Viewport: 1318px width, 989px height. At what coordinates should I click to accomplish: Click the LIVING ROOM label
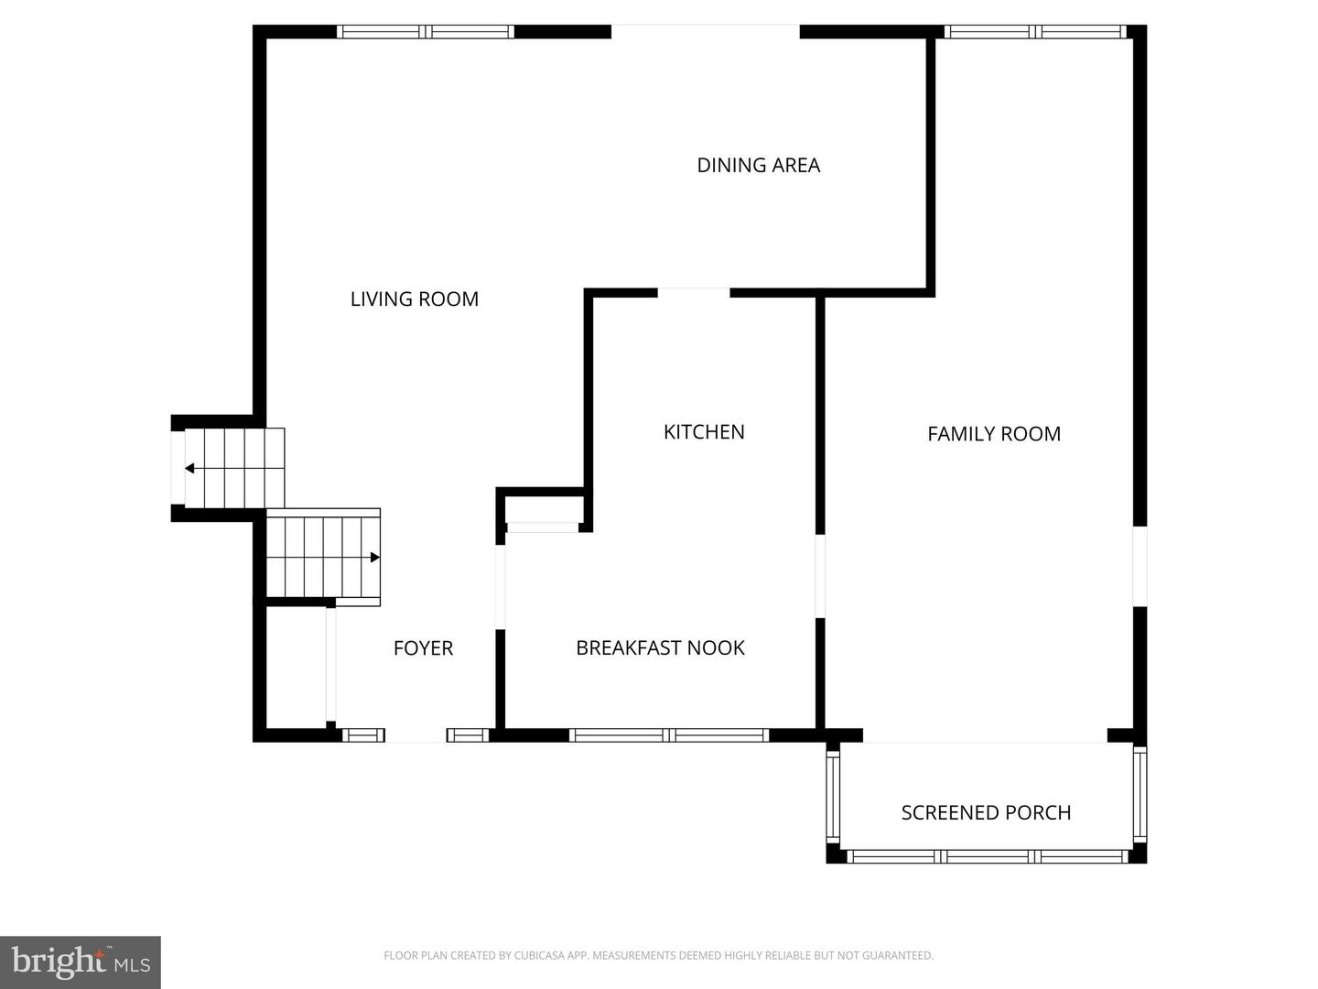[x=414, y=299]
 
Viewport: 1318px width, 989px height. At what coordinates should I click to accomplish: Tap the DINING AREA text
[x=758, y=166]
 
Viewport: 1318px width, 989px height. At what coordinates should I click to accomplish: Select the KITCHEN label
[x=703, y=432]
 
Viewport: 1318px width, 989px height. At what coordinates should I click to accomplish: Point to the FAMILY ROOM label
[x=993, y=434]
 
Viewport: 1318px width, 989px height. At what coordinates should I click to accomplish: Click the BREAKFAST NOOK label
[x=660, y=648]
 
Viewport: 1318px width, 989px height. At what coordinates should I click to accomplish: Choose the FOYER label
[x=423, y=648]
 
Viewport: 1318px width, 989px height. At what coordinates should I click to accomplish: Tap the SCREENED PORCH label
[x=986, y=813]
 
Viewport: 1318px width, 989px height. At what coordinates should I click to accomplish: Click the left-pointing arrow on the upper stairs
[x=190, y=469]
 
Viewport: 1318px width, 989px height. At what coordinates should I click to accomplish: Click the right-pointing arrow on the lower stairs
[x=374, y=557]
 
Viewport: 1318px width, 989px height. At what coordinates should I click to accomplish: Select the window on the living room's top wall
[x=426, y=32]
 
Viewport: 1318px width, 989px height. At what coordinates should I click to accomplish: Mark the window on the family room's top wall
[x=1035, y=32]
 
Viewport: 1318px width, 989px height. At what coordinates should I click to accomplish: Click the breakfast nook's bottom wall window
[x=668, y=734]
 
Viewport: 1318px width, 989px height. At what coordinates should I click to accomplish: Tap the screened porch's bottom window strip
[x=987, y=856]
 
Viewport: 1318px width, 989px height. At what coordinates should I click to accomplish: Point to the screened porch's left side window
[x=833, y=795]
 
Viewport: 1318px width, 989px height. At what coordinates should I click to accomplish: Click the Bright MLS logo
[x=81, y=962]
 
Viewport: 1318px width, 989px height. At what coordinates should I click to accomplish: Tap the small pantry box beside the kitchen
[x=543, y=509]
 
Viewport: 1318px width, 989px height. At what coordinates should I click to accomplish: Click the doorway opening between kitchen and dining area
[x=693, y=293]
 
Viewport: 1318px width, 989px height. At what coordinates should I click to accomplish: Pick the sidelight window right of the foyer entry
[x=467, y=734]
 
